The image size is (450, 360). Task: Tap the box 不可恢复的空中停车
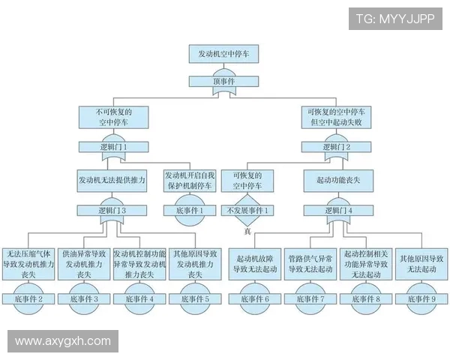[113, 116]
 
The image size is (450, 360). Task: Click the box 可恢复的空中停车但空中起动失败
[336, 116]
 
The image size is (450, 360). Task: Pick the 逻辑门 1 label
[113, 147]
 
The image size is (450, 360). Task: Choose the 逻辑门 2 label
[336, 147]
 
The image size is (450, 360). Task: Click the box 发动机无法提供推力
[112, 181]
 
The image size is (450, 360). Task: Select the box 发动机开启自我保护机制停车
[188, 180]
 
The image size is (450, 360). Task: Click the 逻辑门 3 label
[112, 211]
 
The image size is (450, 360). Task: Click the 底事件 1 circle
[188, 211]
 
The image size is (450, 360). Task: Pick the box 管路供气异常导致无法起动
[310, 263]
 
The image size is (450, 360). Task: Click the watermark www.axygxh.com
[62, 341]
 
